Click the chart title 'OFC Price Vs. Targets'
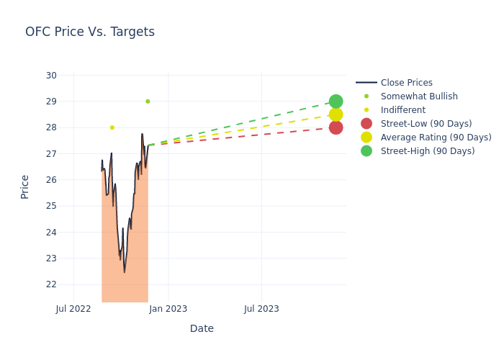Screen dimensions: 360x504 pos(90,32)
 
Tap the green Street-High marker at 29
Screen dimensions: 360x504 pos(336,102)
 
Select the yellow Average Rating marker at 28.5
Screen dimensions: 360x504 pos(336,114)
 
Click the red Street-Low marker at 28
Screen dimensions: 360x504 pos(336,127)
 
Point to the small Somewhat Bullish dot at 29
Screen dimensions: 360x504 pos(148,102)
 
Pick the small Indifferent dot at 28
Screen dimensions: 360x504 pos(112,127)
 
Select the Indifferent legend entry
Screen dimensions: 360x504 pos(402,110)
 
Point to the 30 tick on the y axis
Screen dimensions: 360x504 pos(51,76)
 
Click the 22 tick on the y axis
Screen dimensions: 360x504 pos(51,284)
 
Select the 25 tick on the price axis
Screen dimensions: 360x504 pos(51,206)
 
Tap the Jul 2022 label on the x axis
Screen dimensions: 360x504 pos(73,309)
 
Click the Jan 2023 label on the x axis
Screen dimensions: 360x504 pos(168,309)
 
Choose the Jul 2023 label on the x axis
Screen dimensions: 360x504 pos(261,309)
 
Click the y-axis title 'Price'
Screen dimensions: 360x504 pos(25,186)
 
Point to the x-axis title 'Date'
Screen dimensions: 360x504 pos(202,329)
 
